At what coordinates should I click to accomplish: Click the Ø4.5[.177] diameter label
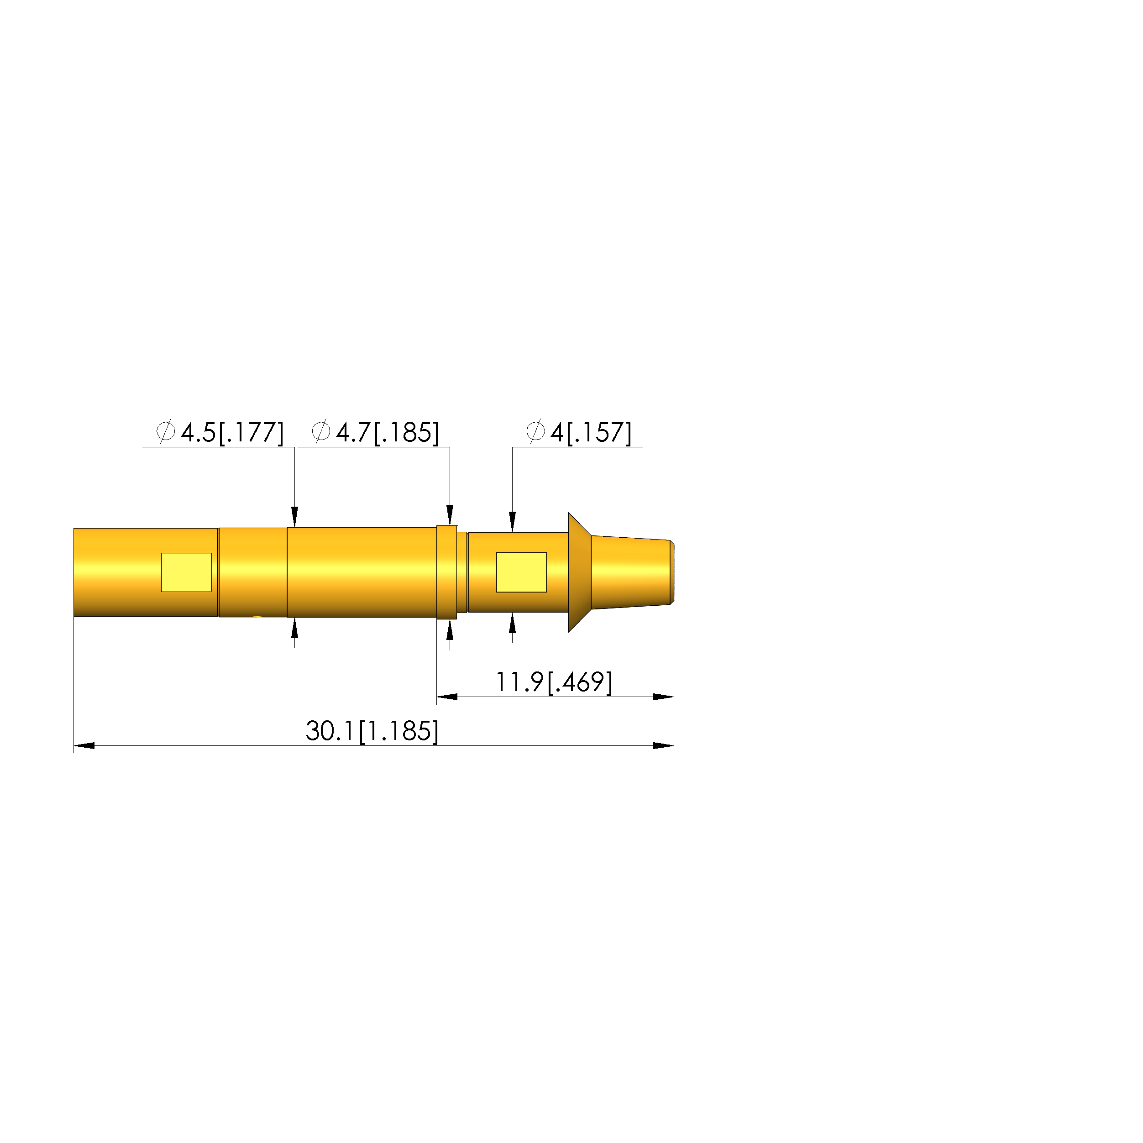pyautogui.click(x=220, y=432)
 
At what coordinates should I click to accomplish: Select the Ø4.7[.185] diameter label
pyautogui.click(x=375, y=432)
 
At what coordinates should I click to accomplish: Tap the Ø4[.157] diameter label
pyautogui.click(x=579, y=432)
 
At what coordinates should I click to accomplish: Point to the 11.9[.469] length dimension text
pyautogui.click(x=554, y=682)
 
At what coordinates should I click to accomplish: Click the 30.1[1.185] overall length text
pyautogui.click(x=372, y=731)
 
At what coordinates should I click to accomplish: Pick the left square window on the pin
pyautogui.click(x=186, y=572)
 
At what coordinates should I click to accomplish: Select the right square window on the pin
pyautogui.click(x=521, y=572)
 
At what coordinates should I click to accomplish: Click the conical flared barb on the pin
pyautogui.click(x=580, y=572)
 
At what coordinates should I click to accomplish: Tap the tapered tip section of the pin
pyautogui.click(x=631, y=572)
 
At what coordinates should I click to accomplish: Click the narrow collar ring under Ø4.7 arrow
pyautogui.click(x=447, y=572)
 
